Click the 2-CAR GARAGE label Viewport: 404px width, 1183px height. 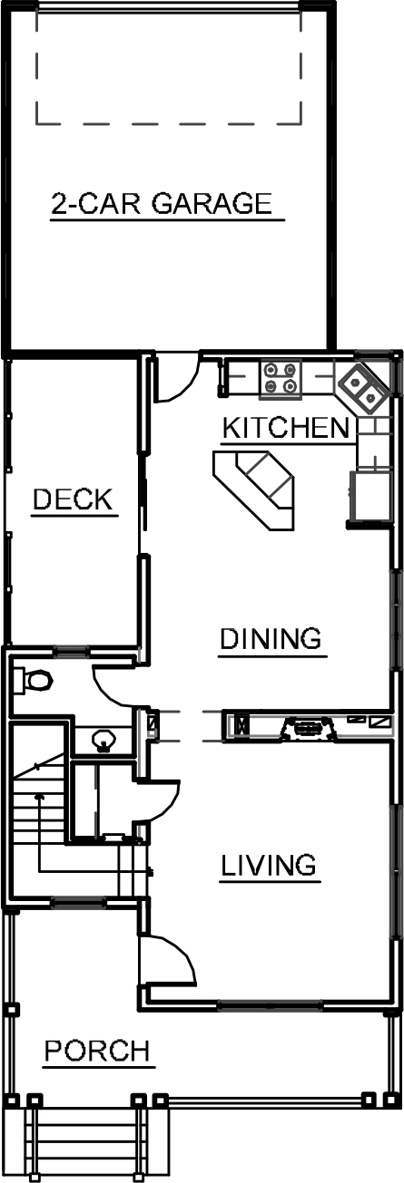coord(162,204)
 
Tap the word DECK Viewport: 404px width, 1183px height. coord(73,499)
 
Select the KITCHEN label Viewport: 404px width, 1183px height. coord(287,428)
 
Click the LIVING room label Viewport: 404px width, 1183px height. coord(269,866)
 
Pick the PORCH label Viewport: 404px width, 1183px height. coord(97,1051)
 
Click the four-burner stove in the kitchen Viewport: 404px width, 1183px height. coord(281,378)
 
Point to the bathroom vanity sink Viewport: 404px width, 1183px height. coord(103,740)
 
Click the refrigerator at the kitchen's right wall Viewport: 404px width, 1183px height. coord(371,496)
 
